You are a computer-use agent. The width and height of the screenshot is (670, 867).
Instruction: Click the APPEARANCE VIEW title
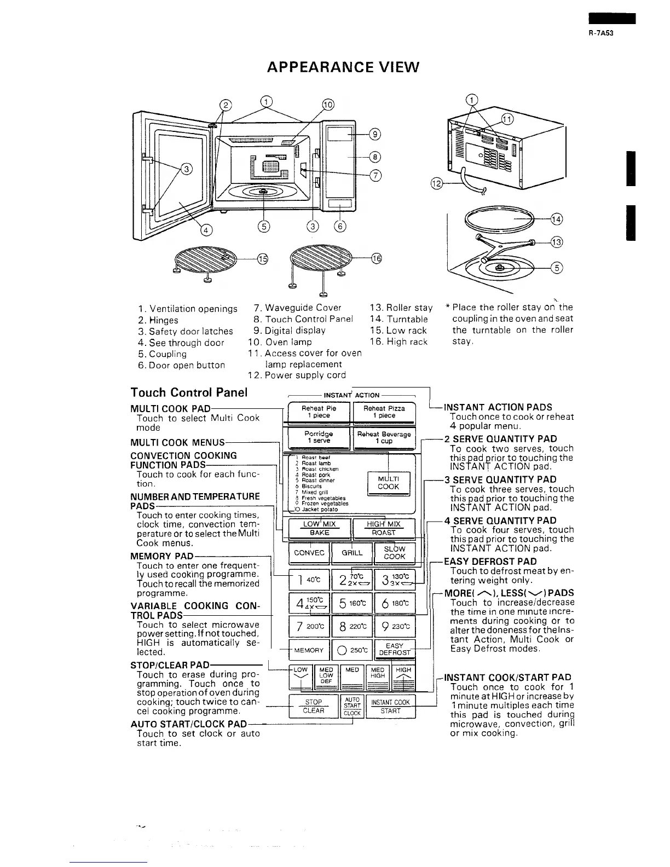tap(343, 67)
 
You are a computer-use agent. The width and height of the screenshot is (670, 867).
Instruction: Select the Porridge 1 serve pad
tap(318, 437)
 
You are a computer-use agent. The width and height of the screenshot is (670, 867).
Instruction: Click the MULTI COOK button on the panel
tap(388, 482)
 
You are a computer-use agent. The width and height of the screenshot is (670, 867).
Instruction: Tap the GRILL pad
tap(352, 553)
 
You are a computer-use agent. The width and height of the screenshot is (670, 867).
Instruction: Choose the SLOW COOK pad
tap(394, 552)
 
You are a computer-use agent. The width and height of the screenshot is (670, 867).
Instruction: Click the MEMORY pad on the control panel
tap(309, 650)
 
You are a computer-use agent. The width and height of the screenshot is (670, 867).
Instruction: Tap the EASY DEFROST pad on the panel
tap(394, 650)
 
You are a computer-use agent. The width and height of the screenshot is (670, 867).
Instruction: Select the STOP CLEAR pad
tap(313, 706)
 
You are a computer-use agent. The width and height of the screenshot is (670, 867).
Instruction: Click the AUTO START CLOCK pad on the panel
tap(352, 706)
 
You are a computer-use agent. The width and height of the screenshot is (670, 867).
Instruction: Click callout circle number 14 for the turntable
tap(557, 219)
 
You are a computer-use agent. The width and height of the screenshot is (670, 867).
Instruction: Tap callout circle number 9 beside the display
tap(375, 134)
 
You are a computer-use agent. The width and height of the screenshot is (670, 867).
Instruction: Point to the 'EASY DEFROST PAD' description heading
tap(490, 561)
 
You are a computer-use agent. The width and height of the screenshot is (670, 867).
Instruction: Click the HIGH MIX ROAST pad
tap(383, 528)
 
